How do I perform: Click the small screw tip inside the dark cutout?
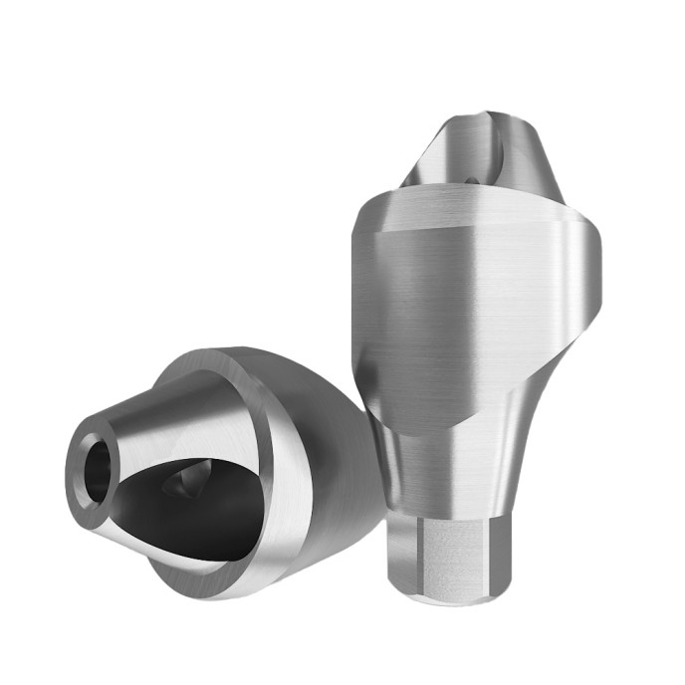[185, 485]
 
